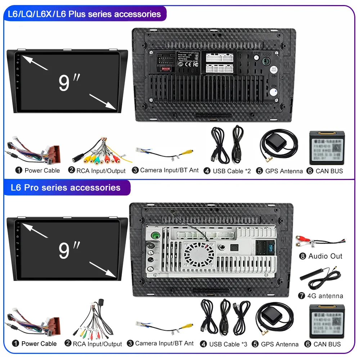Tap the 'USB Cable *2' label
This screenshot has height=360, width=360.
pyautogui.click(x=231, y=171)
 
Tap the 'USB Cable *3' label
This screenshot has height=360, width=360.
pyautogui.click(x=228, y=344)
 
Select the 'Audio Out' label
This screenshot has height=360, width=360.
pyautogui.click(x=325, y=256)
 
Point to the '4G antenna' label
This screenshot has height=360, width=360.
pyautogui.click(x=325, y=296)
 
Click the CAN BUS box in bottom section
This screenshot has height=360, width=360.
pyautogui.click(x=325, y=321)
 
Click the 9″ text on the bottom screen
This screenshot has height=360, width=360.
pyautogui.click(x=69, y=250)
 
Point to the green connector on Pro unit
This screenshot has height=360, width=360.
pyautogui.click(x=156, y=236)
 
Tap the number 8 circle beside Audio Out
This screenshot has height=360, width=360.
pyautogui.click(x=302, y=256)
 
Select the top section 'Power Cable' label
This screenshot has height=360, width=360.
pyautogui.click(x=42, y=170)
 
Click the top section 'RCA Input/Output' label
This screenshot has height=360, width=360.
pyautogui.click(x=101, y=171)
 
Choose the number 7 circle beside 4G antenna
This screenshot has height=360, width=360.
pyautogui.click(x=302, y=296)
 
